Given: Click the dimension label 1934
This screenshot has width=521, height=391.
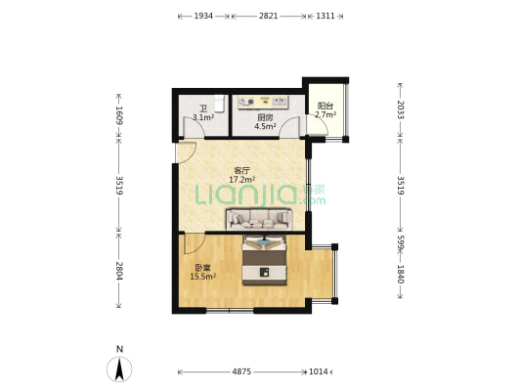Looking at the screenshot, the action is pyautogui.click(x=203, y=16).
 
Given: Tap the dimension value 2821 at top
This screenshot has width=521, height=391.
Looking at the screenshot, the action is pyautogui.click(x=268, y=16).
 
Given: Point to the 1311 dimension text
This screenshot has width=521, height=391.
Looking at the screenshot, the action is pyautogui.click(x=326, y=16).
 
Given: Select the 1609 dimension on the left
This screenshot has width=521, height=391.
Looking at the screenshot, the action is pyautogui.click(x=119, y=115).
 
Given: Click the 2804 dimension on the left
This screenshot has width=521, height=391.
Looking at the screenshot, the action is pyautogui.click(x=119, y=271).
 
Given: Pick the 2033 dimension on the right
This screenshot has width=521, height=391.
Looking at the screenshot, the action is pyautogui.click(x=401, y=109).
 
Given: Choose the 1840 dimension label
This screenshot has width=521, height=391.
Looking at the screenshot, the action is pyautogui.click(x=401, y=274).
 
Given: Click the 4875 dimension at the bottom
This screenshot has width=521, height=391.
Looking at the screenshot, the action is pyautogui.click(x=241, y=371).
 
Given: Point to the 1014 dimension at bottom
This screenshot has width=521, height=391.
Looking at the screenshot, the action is pyautogui.click(x=319, y=371).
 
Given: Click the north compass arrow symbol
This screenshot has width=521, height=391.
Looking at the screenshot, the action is pyautogui.click(x=119, y=369).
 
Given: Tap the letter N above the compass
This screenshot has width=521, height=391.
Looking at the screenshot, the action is pyautogui.click(x=119, y=349).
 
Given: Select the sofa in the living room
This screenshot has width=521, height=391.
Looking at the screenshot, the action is pyautogui.click(x=259, y=219).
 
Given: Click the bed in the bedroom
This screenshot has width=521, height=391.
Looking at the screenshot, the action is pyautogui.click(x=265, y=260).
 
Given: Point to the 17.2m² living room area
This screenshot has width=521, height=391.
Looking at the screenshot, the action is pyautogui.click(x=241, y=180).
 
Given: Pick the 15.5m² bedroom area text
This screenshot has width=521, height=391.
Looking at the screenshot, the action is pyautogui.click(x=203, y=277).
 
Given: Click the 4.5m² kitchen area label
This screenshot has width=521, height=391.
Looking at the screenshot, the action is pyautogui.click(x=265, y=126).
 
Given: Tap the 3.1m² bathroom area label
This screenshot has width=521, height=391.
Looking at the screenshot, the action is pyautogui.click(x=203, y=117).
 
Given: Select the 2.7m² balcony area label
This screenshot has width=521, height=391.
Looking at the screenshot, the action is pyautogui.click(x=326, y=114).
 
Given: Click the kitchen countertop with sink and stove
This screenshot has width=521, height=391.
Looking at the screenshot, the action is pyautogui.click(x=263, y=103).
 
